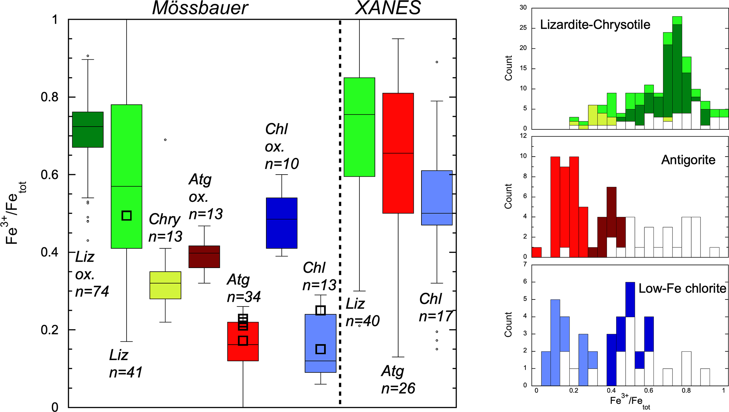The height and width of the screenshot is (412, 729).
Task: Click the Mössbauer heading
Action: pyautogui.click(x=200, y=8)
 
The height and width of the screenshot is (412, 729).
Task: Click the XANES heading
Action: pyautogui.click(x=388, y=8)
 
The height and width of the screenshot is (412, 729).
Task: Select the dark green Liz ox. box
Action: pyautogui.click(x=88, y=129)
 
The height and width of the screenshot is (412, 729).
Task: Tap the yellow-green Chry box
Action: pyautogui.click(x=165, y=285)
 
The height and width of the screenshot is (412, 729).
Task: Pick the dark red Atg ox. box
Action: pyautogui.click(x=204, y=256)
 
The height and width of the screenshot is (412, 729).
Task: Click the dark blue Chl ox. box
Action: pyautogui.click(x=281, y=223)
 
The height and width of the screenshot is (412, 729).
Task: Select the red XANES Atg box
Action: pyautogui.click(x=398, y=153)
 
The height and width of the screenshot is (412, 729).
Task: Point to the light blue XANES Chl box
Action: pyautogui.click(x=437, y=198)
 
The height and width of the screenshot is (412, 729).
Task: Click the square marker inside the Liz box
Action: pyautogui.click(x=127, y=216)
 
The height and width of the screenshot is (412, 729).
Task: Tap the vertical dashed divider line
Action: pyautogui.click(x=340, y=212)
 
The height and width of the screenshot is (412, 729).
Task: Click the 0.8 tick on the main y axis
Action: pyautogui.click(x=49, y=97)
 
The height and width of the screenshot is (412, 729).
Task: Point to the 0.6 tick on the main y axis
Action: pyautogui.click(x=49, y=175)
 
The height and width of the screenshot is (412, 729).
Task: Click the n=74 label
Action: pyautogui.click(x=92, y=291)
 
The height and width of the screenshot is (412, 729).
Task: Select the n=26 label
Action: pyautogui.click(x=398, y=388)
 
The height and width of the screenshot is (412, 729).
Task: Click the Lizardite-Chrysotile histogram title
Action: pyautogui.click(x=595, y=25)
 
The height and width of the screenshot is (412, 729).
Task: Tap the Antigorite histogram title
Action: pyautogui.click(x=688, y=160)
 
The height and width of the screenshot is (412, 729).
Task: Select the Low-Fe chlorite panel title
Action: pyautogui.click(x=682, y=289)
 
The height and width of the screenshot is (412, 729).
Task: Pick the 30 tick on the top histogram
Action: pyautogui.click(x=523, y=7)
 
